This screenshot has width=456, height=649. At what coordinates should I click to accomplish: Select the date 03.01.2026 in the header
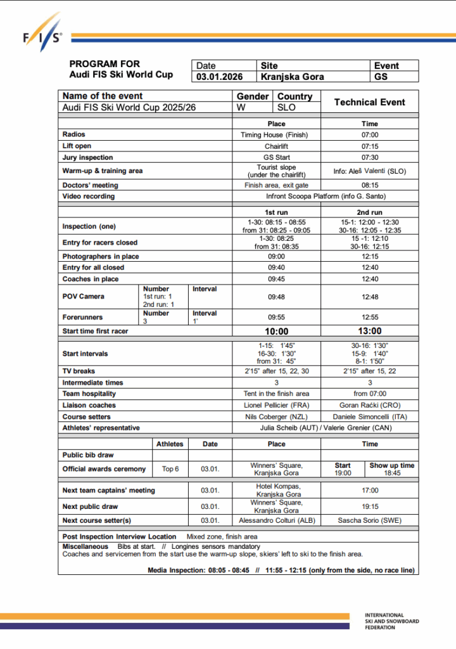(x=216, y=77)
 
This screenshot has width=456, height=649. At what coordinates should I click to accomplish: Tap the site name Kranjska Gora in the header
(x=292, y=77)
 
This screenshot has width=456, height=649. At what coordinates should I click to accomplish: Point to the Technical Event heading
(x=369, y=102)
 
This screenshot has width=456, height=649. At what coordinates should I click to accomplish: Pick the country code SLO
(x=286, y=108)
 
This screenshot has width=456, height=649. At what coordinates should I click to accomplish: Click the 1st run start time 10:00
(x=276, y=331)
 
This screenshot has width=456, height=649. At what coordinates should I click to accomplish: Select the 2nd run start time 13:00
(x=369, y=331)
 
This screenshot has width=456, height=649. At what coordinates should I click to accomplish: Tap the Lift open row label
(x=77, y=146)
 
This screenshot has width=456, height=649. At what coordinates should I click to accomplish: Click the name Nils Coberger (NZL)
(x=276, y=417)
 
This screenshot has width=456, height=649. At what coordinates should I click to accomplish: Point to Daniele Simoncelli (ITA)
(x=369, y=417)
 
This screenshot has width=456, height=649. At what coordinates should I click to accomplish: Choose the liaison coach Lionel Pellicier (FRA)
(x=276, y=406)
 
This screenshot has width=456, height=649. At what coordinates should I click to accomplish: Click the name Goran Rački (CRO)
(x=369, y=406)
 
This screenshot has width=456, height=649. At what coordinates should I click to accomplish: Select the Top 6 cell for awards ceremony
(x=170, y=469)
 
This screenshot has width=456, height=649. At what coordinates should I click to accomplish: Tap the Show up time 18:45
(x=392, y=473)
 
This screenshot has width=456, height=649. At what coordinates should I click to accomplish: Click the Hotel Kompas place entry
(x=276, y=490)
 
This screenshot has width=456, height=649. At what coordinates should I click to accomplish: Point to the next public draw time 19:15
(x=369, y=506)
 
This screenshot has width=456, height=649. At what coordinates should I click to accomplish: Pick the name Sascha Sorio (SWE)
(x=369, y=520)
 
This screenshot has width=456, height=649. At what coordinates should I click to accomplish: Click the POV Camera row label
(x=83, y=296)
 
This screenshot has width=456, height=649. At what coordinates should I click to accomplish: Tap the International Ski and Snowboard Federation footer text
(x=391, y=622)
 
